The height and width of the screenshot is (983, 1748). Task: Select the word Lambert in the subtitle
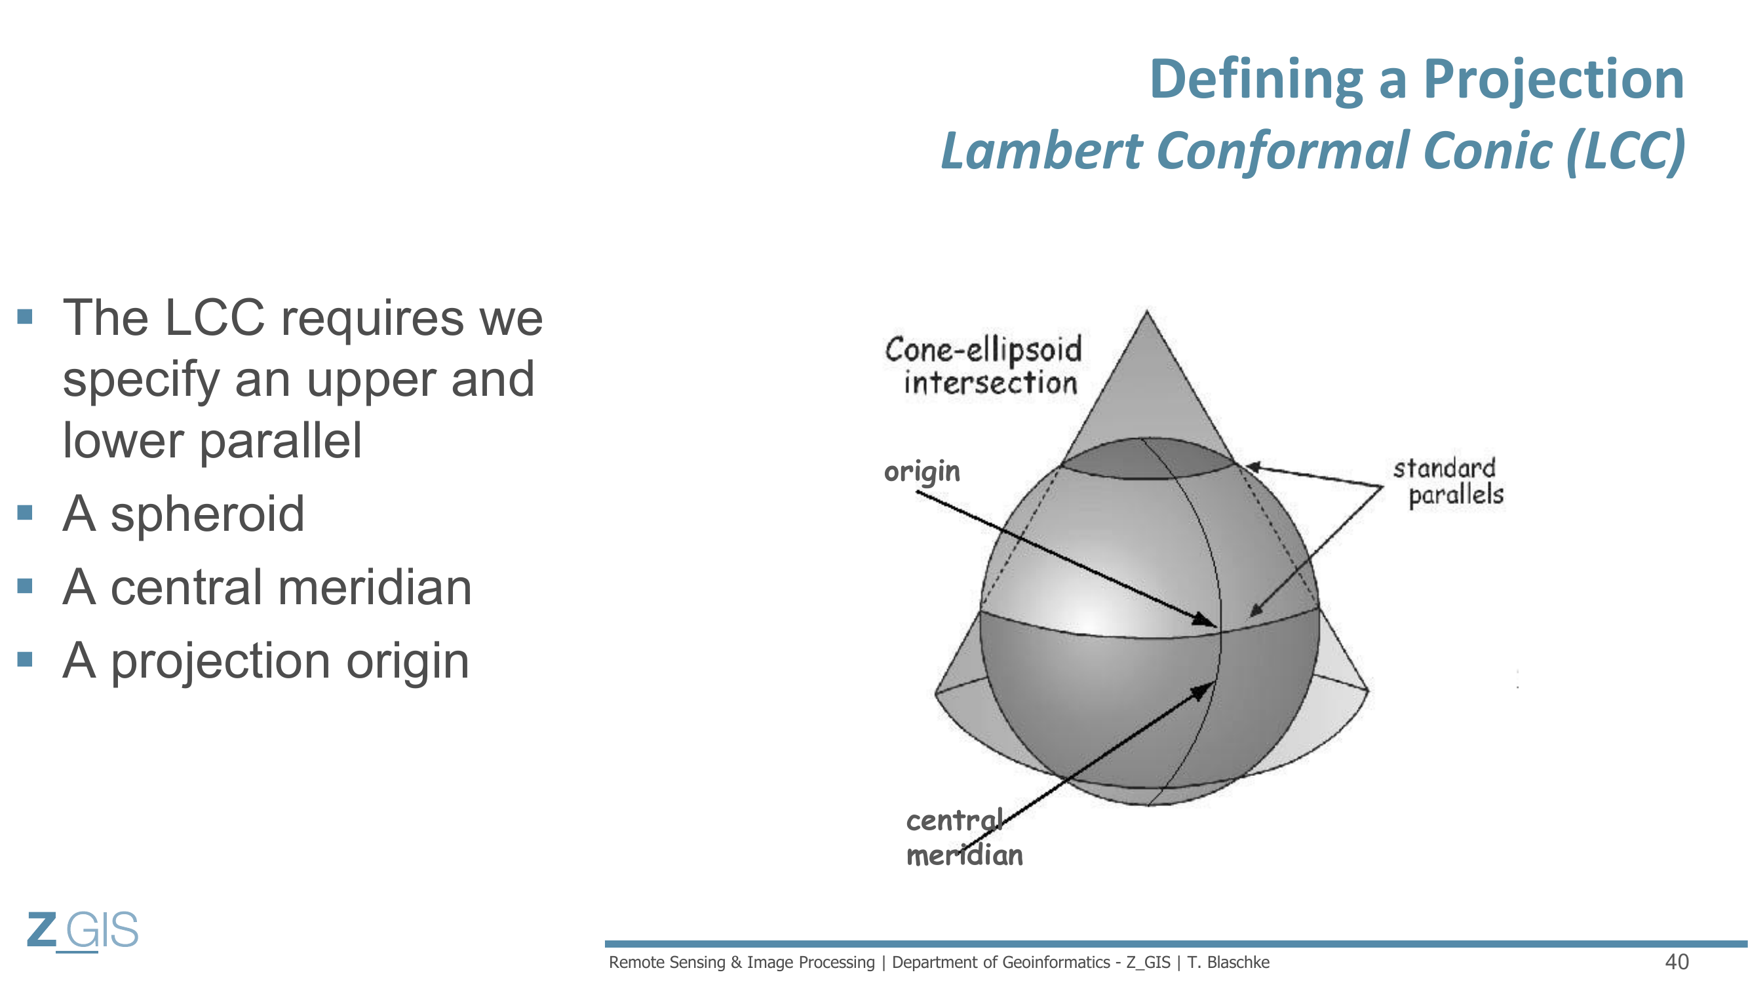tap(1042, 151)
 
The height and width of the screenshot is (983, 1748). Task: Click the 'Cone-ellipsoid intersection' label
tap(983, 366)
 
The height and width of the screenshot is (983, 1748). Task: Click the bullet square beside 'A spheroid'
tap(25, 512)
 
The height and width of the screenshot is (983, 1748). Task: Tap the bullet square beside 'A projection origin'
tap(25, 659)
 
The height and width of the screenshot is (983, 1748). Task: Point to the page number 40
tap(1677, 962)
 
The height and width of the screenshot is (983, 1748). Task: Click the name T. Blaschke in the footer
tap(1228, 963)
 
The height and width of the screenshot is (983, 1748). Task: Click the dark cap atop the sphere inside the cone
tap(1147, 459)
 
